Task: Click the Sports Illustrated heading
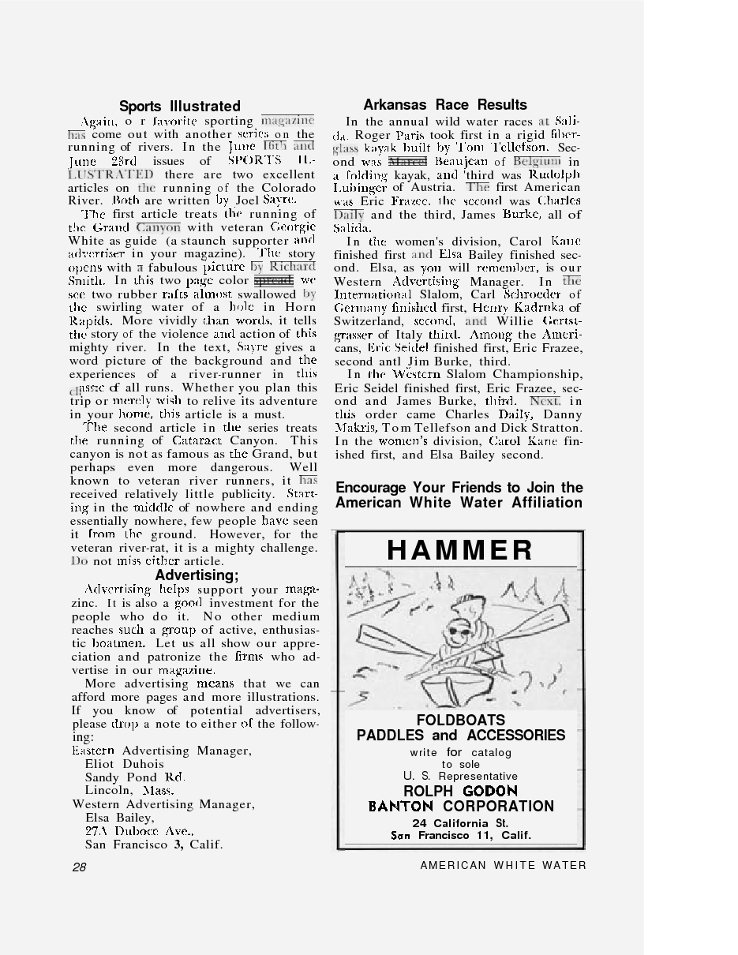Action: (x=180, y=107)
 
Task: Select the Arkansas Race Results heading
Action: (x=445, y=105)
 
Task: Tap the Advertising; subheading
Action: (x=197, y=575)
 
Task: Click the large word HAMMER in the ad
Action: (x=460, y=550)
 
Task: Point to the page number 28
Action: (x=79, y=867)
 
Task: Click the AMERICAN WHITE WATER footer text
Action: (x=503, y=866)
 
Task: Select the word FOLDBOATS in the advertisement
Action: (x=461, y=720)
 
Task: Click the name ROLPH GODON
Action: (x=460, y=791)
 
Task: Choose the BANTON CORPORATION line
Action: (x=461, y=807)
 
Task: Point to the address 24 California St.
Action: (x=460, y=823)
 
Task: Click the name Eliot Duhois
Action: (x=124, y=764)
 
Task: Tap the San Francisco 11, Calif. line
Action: (x=461, y=836)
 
